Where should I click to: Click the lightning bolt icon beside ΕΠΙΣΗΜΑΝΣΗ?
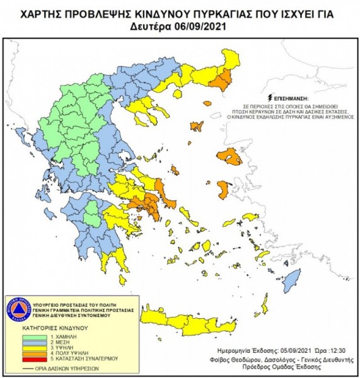[x=270, y=98]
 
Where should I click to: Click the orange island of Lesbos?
[x=228, y=157]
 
